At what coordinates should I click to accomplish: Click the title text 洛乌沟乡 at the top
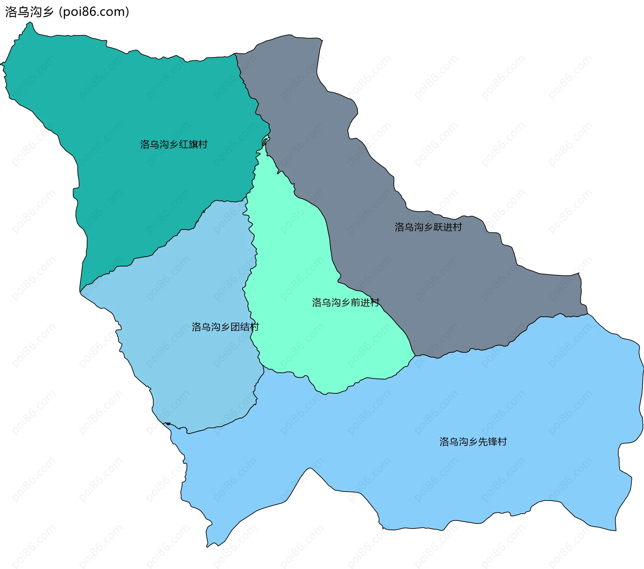click(30, 12)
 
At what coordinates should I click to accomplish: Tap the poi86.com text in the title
click(94, 12)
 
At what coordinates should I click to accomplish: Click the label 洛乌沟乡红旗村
click(174, 145)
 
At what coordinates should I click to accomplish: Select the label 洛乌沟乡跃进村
click(428, 227)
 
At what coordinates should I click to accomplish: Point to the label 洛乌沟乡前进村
click(345, 302)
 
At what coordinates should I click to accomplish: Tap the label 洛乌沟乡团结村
click(225, 327)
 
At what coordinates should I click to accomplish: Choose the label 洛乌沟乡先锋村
click(473, 442)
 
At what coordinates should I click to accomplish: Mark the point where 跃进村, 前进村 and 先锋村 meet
click(415, 356)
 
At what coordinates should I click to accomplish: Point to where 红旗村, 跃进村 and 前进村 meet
click(265, 143)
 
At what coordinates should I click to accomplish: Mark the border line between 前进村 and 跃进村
click(330, 241)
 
